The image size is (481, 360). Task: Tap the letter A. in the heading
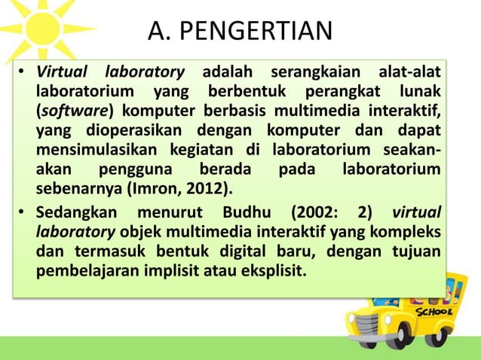click(158, 31)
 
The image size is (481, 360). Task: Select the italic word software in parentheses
click(68, 111)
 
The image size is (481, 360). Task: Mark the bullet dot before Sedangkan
click(23, 210)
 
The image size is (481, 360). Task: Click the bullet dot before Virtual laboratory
click(23, 73)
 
